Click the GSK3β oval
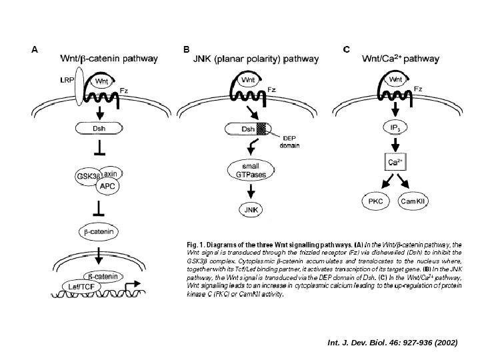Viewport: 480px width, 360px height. pyautogui.click(x=89, y=176)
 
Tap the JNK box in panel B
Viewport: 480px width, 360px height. pyautogui.click(x=251, y=209)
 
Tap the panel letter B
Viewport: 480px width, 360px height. pyautogui.click(x=186, y=49)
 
